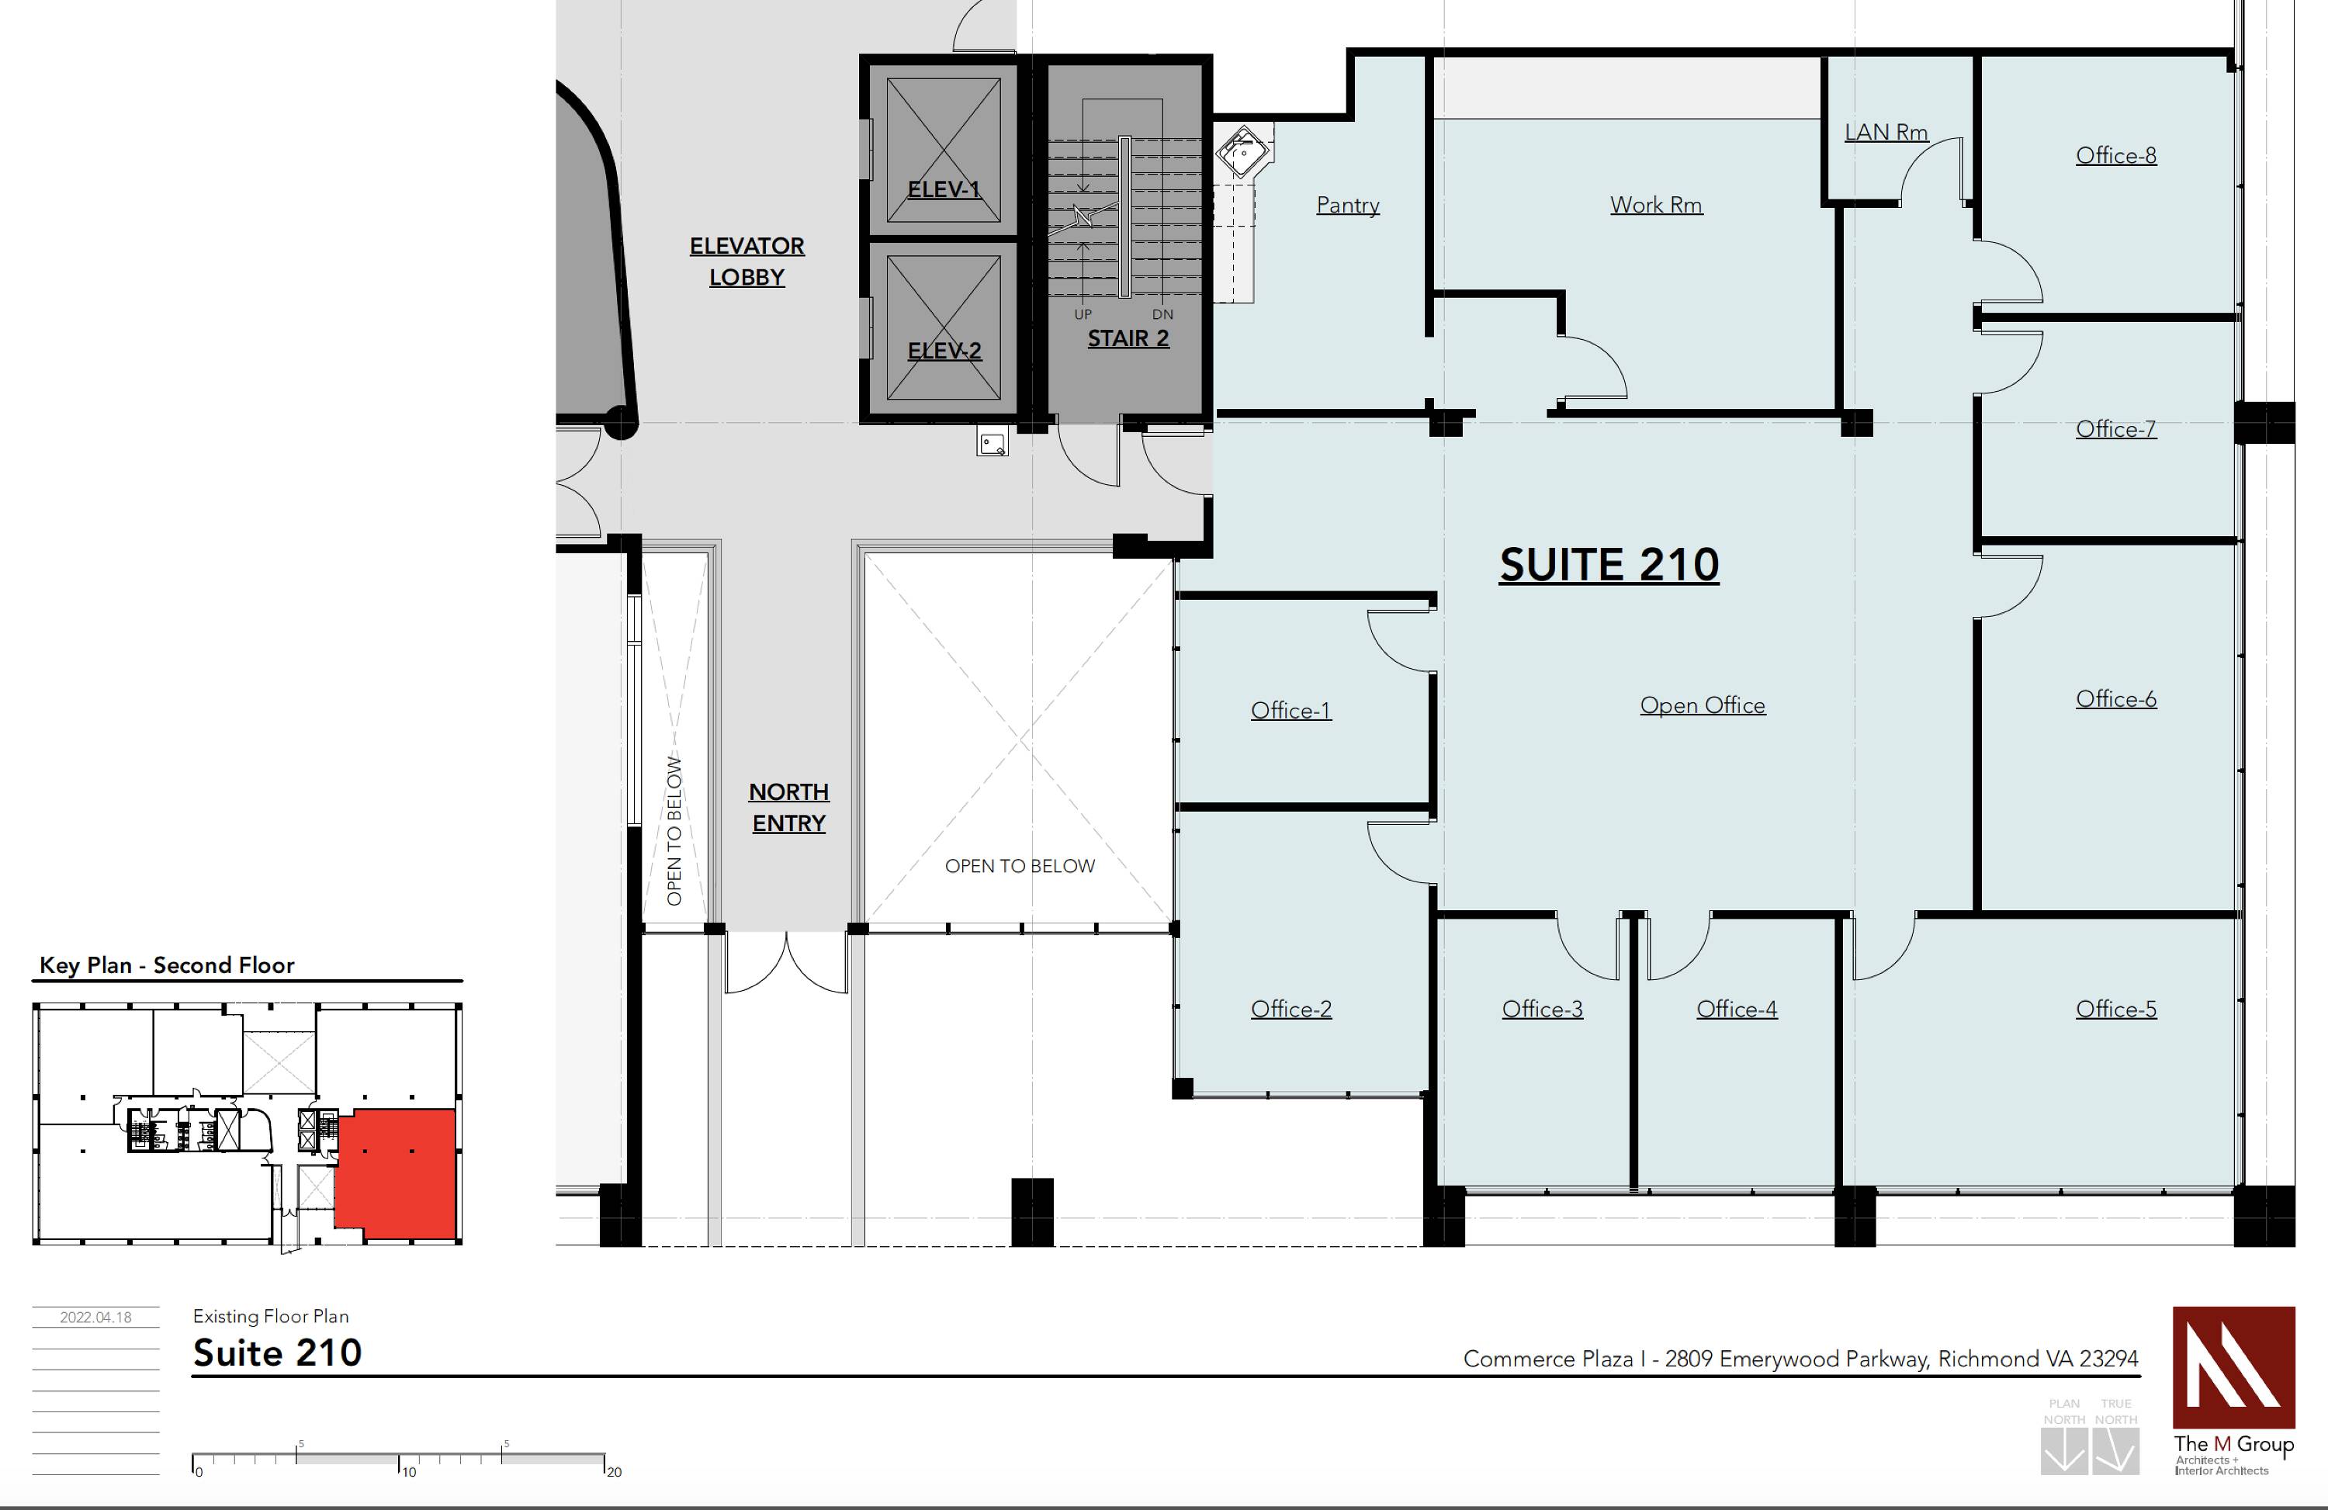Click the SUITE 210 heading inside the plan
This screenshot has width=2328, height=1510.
click(1609, 565)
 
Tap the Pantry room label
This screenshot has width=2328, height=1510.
click(1348, 206)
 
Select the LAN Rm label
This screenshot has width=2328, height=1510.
click(1886, 132)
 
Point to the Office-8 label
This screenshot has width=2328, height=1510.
click(2115, 155)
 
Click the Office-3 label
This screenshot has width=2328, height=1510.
click(1542, 1010)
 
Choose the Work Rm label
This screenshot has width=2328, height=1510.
click(1656, 206)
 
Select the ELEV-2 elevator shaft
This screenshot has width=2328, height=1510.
click(943, 327)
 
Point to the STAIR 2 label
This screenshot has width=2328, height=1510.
click(1128, 338)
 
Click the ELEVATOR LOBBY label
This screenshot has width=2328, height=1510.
click(747, 261)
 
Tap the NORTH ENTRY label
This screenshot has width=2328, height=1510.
click(788, 807)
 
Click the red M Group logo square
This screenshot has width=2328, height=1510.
click(2233, 1367)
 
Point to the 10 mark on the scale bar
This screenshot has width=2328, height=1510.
click(408, 1472)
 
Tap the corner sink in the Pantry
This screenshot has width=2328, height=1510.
click(1242, 151)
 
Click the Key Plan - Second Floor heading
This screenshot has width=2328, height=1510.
click(166, 965)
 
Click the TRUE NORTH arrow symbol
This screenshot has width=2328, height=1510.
click(2115, 1451)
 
